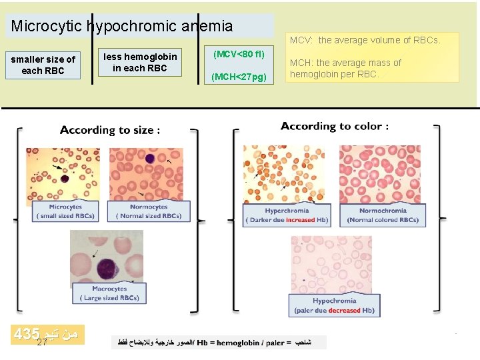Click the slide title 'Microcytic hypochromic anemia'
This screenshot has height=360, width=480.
point(122,27)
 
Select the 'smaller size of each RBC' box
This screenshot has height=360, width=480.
point(43,65)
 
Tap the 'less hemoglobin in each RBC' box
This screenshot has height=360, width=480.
point(139,62)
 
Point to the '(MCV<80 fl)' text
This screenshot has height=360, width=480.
point(239,53)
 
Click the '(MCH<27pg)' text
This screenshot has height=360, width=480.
point(239,77)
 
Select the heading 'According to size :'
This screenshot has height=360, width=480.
point(110,130)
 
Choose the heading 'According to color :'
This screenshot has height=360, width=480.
point(335,126)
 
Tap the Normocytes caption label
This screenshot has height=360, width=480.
point(149,211)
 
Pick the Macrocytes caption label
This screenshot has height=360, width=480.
point(110,293)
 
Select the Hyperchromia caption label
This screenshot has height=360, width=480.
point(287,215)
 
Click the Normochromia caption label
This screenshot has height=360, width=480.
point(383,215)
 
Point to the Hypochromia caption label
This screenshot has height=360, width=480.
point(335,305)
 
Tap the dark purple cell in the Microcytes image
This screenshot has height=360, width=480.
point(64,179)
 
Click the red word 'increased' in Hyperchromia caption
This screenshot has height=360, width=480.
point(300,220)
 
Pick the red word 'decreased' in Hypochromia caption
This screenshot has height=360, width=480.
point(344,310)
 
